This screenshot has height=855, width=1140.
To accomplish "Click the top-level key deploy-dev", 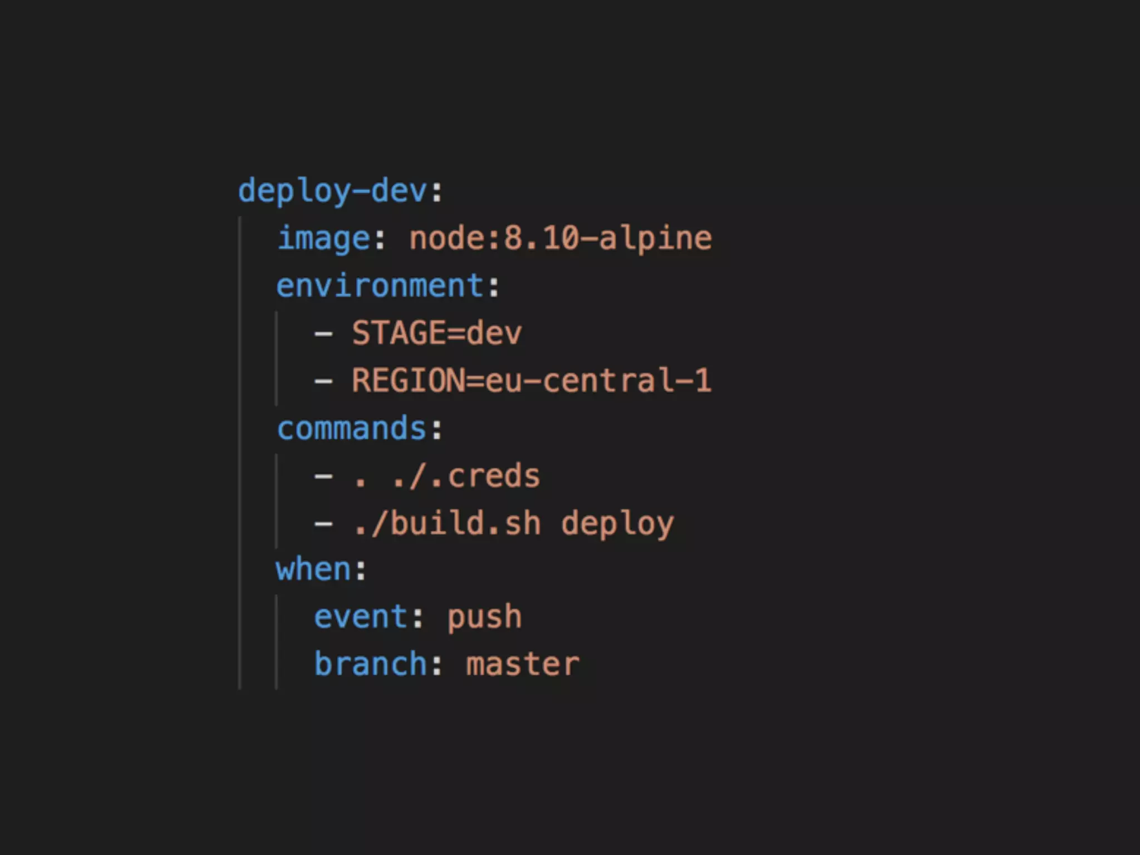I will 332,191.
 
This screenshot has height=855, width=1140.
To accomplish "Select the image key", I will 324,239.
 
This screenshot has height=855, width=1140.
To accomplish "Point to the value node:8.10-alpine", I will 561,239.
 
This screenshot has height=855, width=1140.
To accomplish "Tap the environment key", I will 380,286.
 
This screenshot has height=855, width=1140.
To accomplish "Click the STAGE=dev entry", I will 437,333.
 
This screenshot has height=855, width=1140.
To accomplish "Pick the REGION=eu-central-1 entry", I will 532,381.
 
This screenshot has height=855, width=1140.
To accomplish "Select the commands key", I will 352,429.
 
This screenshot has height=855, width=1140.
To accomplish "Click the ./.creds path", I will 466,476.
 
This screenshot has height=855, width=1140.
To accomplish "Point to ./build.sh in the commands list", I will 447,524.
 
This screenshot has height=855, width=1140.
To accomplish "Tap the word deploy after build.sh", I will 617,524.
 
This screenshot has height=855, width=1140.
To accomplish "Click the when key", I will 313,569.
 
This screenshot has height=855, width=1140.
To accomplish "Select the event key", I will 361,617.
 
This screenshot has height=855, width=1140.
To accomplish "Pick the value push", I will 485,617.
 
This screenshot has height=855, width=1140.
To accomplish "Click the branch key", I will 371,664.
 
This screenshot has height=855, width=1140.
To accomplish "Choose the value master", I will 523,664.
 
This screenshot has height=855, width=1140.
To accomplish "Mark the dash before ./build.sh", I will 323,524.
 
